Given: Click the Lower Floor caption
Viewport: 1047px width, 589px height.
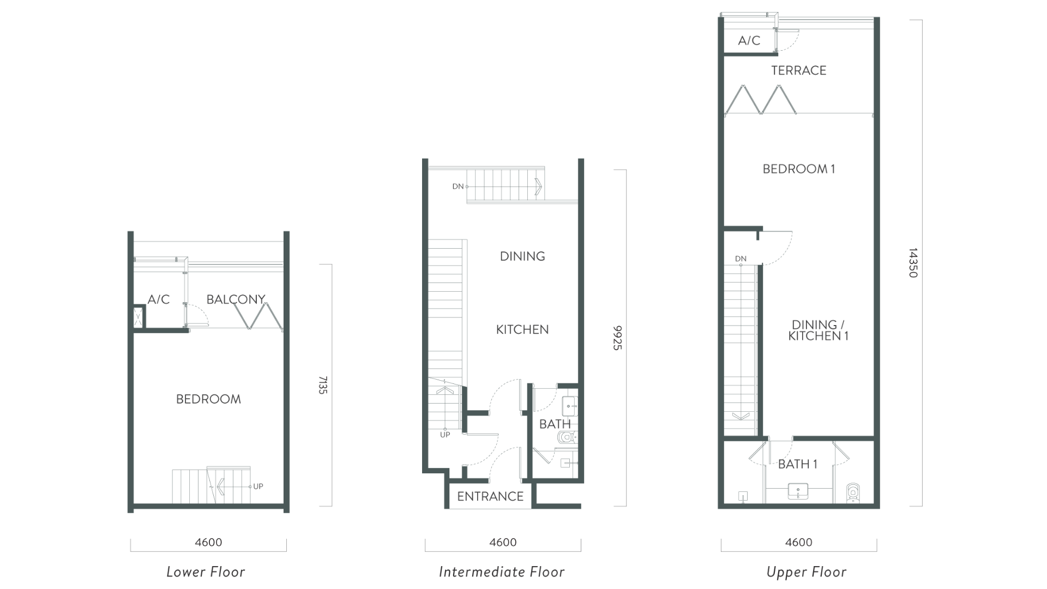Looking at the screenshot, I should coord(206,572).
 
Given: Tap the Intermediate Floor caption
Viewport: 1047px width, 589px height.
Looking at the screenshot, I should coord(502,572).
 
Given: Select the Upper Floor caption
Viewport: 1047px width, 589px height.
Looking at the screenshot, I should coord(806,572).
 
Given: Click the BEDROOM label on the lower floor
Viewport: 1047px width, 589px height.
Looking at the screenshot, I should coord(208,399).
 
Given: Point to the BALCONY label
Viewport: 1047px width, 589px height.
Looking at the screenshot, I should coord(236,299).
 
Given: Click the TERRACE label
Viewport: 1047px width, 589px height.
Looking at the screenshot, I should coord(798,70).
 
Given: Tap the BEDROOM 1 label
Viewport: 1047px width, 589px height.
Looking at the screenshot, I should coord(798,169).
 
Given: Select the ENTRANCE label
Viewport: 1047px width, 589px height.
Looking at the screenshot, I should coord(490,496).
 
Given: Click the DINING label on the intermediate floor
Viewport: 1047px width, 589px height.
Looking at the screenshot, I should coord(522,256).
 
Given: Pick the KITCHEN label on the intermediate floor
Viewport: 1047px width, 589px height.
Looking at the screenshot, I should coord(522,329).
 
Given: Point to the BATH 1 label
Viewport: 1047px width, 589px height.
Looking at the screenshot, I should coord(797,465).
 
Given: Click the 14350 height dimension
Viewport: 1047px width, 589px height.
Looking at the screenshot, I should coord(913,263).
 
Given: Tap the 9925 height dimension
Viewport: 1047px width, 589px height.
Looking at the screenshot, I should coord(617,338).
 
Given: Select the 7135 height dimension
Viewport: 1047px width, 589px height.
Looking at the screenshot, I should coord(323,385).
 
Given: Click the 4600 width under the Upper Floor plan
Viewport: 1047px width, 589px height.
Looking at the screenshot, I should coord(798,543).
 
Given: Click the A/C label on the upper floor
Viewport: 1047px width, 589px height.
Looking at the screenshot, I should coord(749,41).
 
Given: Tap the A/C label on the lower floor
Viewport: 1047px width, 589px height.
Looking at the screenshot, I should coord(159,299).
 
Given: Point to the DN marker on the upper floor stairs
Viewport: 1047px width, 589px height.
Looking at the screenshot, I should coord(741,259).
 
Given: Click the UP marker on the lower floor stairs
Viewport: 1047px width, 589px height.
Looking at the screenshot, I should coord(258,486).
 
